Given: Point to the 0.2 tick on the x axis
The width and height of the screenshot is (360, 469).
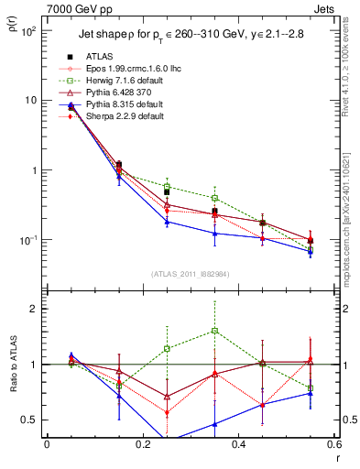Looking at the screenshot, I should point(142,446).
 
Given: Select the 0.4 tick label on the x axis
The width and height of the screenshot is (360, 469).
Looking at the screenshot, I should point(238,446).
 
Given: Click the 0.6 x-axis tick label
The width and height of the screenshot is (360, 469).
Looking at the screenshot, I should point(333,446).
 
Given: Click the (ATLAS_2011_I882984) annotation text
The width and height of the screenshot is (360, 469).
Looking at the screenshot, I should point(191,273).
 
